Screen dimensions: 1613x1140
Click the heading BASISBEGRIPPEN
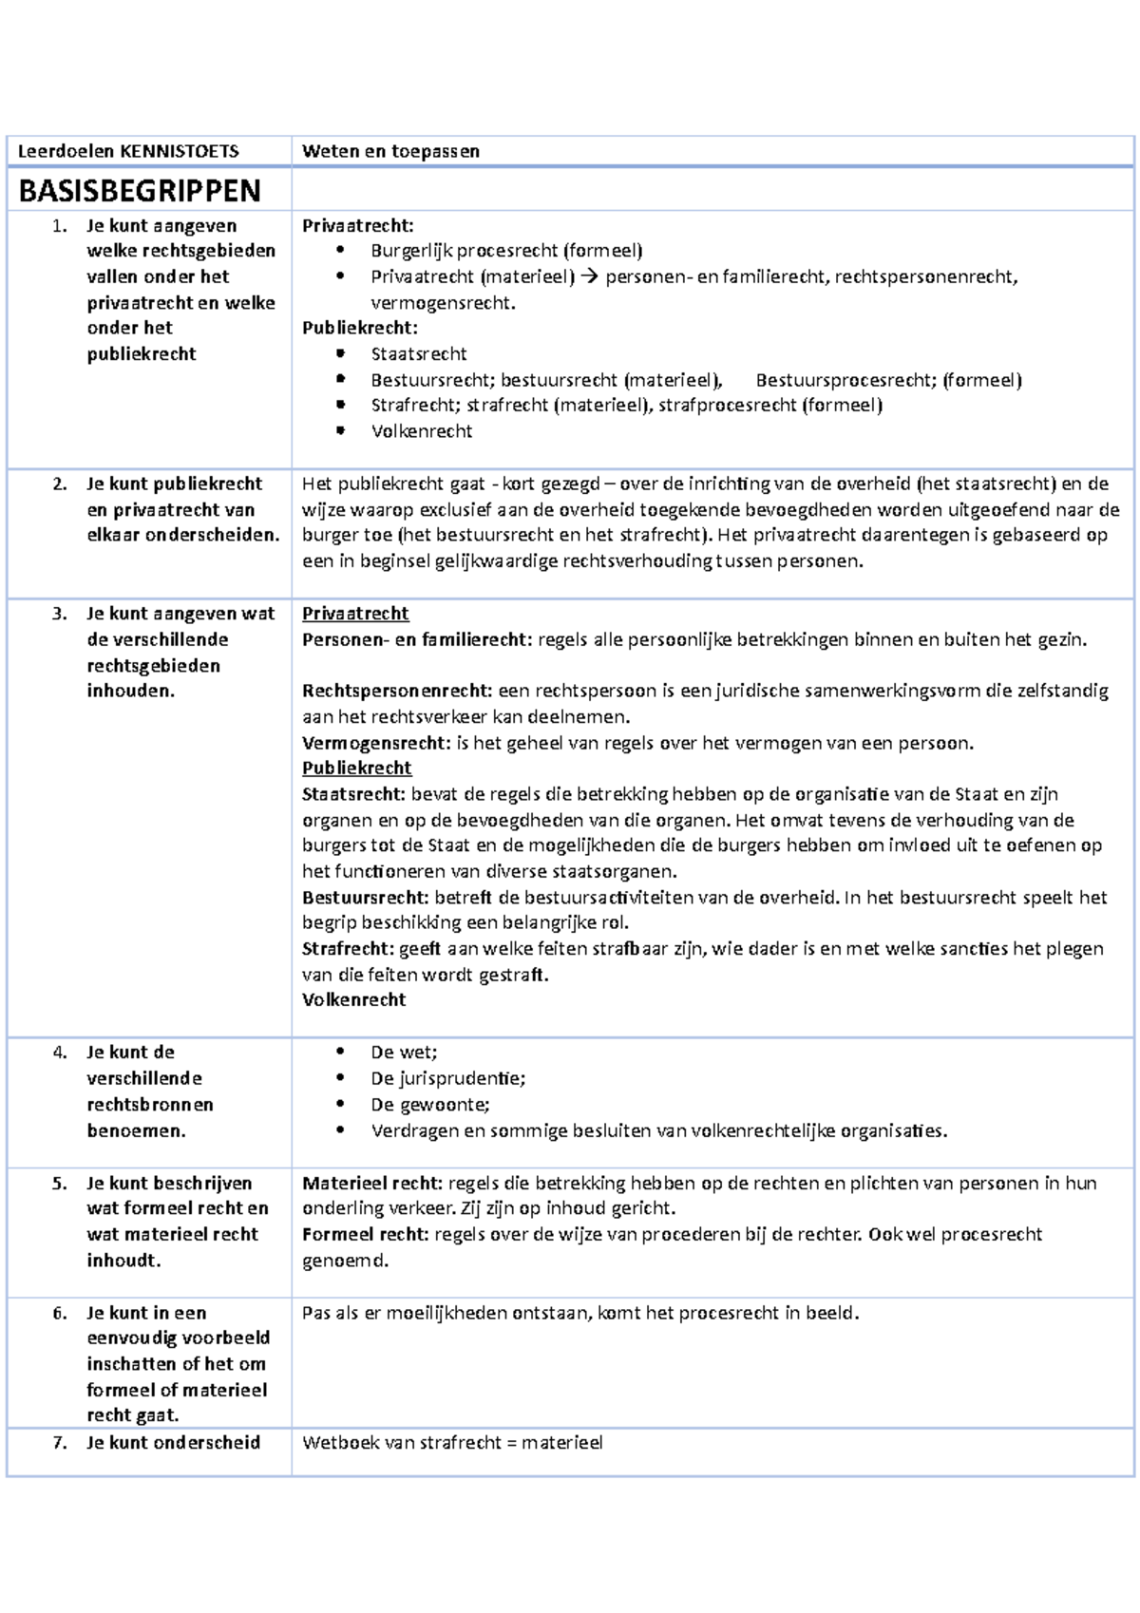tap(139, 191)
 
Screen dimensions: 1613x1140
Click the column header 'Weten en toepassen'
tap(390, 150)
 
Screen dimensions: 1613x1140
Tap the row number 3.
tap(60, 614)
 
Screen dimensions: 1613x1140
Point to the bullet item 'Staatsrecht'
tap(419, 353)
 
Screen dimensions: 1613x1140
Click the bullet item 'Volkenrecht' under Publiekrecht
tap(422, 430)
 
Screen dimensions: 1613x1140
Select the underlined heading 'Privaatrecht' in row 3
tap(355, 614)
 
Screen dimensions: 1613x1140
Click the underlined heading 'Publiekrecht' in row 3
tap(356, 768)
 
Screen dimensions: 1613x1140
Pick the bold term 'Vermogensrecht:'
tap(376, 743)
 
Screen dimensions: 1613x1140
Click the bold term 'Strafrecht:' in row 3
tap(348, 948)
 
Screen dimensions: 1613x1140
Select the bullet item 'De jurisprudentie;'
tap(447, 1078)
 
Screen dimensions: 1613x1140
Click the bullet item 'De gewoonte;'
tap(430, 1104)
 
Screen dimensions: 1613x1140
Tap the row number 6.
tap(60, 1313)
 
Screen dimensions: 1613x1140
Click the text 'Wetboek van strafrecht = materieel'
tap(452, 1442)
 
